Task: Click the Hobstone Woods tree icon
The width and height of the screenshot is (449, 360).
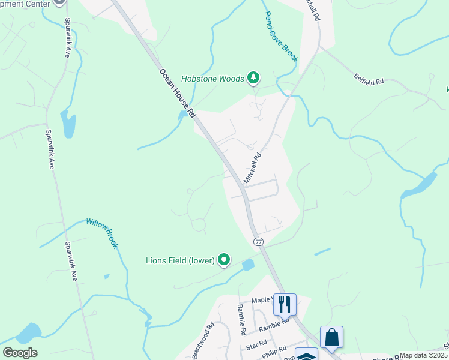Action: click(x=254, y=77)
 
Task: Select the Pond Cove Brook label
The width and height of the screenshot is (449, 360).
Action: click(x=281, y=35)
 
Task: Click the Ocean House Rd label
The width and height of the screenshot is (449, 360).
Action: click(x=178, y=92)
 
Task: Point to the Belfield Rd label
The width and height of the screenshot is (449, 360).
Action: click(x=369, y=79)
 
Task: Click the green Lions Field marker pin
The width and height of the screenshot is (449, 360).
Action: click(x=224, y=260)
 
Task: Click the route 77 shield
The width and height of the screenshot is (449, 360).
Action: click(x=258, y=241)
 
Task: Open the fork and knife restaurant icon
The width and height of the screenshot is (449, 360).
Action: click(x=284, y=304)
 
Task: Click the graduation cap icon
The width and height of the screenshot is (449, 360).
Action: click(x=306, y=355)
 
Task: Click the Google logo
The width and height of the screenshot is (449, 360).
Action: click(x=20, y=353)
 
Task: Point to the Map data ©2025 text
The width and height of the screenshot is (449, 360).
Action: click(x=423, y=355)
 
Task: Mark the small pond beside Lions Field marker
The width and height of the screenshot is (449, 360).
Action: click(x=248, y=264)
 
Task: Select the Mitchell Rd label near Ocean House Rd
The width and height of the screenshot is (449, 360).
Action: click(x=253, y=168)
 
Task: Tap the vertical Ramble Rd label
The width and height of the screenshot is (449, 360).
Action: click(x=241, y=319)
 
